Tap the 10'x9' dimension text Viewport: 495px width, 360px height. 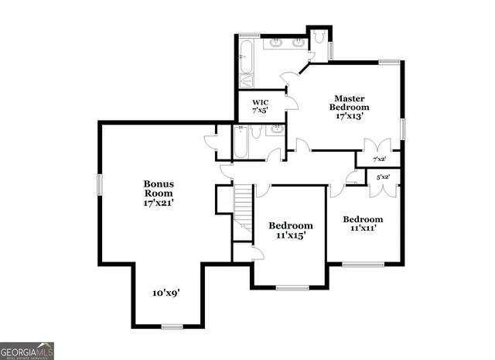pos(166,293)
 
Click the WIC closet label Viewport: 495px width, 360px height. pos(259,106)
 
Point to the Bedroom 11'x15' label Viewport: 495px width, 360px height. pos(291,231)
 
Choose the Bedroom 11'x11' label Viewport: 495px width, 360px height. pos(363,224)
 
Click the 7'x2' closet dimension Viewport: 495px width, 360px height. pos(379,159)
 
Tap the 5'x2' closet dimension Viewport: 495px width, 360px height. pos(383,177)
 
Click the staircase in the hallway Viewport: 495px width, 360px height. pos(244,205)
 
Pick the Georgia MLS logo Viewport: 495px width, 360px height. pos(27,351)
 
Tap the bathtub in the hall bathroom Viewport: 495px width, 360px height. pos(240,141)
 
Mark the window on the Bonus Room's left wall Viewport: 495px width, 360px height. pos(99,186)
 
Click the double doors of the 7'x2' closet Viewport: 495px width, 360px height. pos(377,146)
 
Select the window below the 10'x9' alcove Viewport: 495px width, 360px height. pos(172,326)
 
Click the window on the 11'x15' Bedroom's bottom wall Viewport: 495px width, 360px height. pos(292,288)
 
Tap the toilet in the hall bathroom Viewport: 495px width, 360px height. pos(258,132)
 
